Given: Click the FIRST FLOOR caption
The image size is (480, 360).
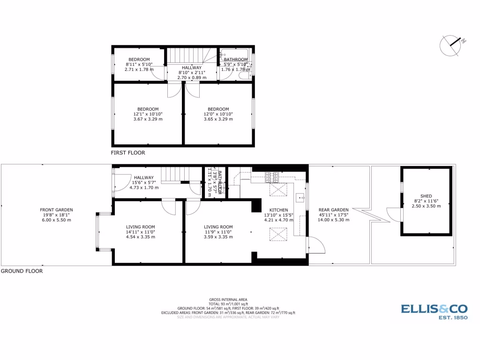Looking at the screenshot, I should tap(128, 153).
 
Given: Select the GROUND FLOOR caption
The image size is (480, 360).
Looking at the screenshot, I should tap(22, 271).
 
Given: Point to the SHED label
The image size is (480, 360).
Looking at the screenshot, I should tap(426, 196).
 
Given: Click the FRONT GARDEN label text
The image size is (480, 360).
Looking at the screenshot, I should tap(56, 210).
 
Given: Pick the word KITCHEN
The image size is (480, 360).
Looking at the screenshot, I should tap(278, 210).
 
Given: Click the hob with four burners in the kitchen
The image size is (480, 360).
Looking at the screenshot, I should tap(272, 178).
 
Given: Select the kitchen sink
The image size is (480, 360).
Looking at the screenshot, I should tap(300, 196).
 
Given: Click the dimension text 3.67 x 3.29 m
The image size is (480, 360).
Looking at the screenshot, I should tap(148, 119).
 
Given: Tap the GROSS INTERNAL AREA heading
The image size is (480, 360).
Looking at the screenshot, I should tap(228, 300).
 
